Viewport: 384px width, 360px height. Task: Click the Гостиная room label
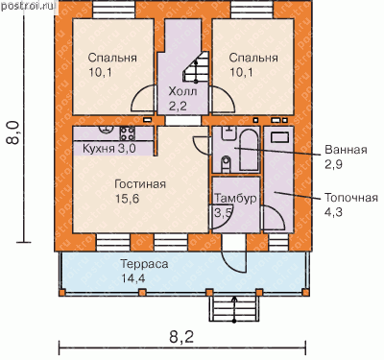140,184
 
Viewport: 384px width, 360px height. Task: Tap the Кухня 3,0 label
109,149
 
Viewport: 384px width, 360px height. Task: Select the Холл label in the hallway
182,92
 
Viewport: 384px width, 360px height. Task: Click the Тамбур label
235,198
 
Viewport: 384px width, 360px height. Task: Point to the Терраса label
144,264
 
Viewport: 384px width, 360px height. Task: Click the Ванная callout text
346,150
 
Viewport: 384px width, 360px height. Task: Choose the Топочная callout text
351,198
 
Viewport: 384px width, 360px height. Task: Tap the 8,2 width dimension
181,337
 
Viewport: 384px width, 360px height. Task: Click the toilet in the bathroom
226,163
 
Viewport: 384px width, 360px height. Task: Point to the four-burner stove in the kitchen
128,133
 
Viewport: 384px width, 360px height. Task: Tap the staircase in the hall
194,69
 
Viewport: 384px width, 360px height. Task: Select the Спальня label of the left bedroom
112,58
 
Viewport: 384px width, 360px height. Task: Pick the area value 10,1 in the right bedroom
241,72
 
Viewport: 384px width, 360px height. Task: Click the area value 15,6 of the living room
127,199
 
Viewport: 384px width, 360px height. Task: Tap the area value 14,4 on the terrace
133,278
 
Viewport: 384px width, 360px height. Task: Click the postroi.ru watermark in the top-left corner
28,6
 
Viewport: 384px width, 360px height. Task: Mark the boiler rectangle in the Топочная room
280,137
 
